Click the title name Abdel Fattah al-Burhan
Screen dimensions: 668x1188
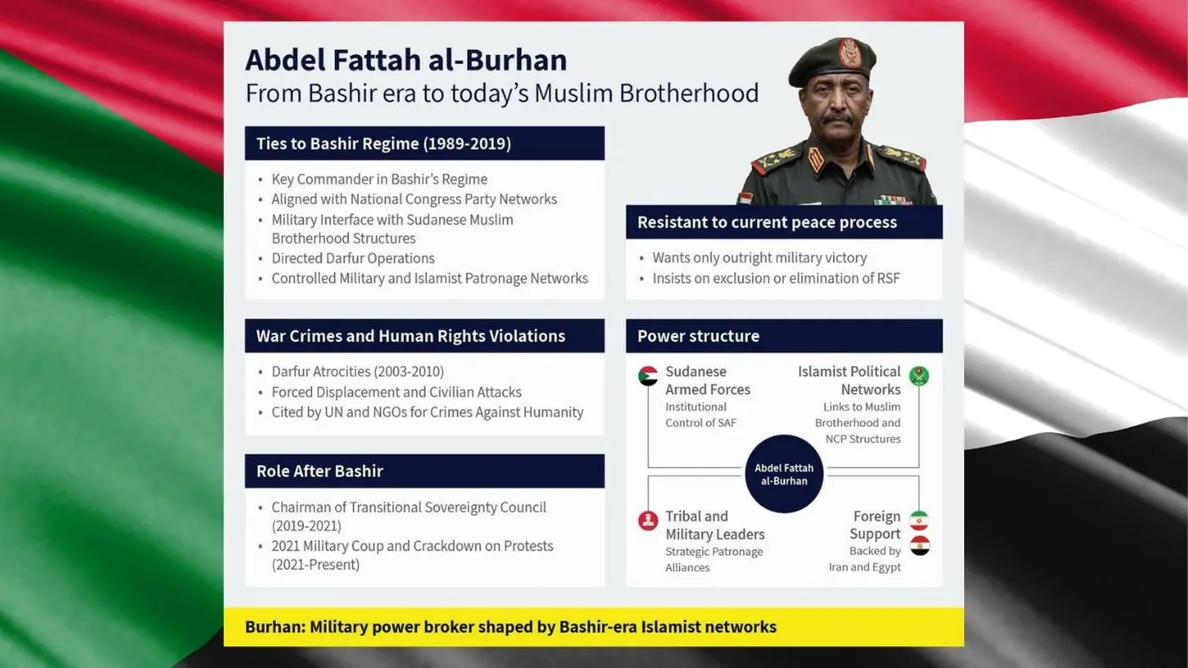pos(406,60)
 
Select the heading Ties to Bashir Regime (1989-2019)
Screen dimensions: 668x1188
pos(384,143)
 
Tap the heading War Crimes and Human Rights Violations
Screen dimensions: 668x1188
pos(411,336)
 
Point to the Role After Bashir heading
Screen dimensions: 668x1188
pos(320,471)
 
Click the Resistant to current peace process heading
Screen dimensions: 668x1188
pos(767,222)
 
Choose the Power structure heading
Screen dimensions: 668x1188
pos(698,336)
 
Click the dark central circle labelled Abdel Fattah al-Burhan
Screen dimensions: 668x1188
pos(784,474)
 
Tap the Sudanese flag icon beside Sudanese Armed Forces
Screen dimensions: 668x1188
pos(648,376)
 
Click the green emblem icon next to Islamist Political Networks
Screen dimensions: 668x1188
pos(919,376)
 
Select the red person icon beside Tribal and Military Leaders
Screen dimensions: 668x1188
pos(648,520)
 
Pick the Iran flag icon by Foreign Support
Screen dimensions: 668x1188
pos(919,520)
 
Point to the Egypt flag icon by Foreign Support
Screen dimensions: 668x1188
pos(919,546)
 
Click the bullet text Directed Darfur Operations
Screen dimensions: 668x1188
pos(353,259)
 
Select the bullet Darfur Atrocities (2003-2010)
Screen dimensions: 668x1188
pos(357,372)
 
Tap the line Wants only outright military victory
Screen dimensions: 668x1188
pos(759,258)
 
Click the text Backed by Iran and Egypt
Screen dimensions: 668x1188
pos(865,559)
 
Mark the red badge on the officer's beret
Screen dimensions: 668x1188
pos(849,53)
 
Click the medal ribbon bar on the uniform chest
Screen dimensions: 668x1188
pos(893,200)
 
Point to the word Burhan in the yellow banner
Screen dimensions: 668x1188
pos(274,627)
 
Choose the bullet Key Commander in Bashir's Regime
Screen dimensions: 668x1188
pos(379,179)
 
